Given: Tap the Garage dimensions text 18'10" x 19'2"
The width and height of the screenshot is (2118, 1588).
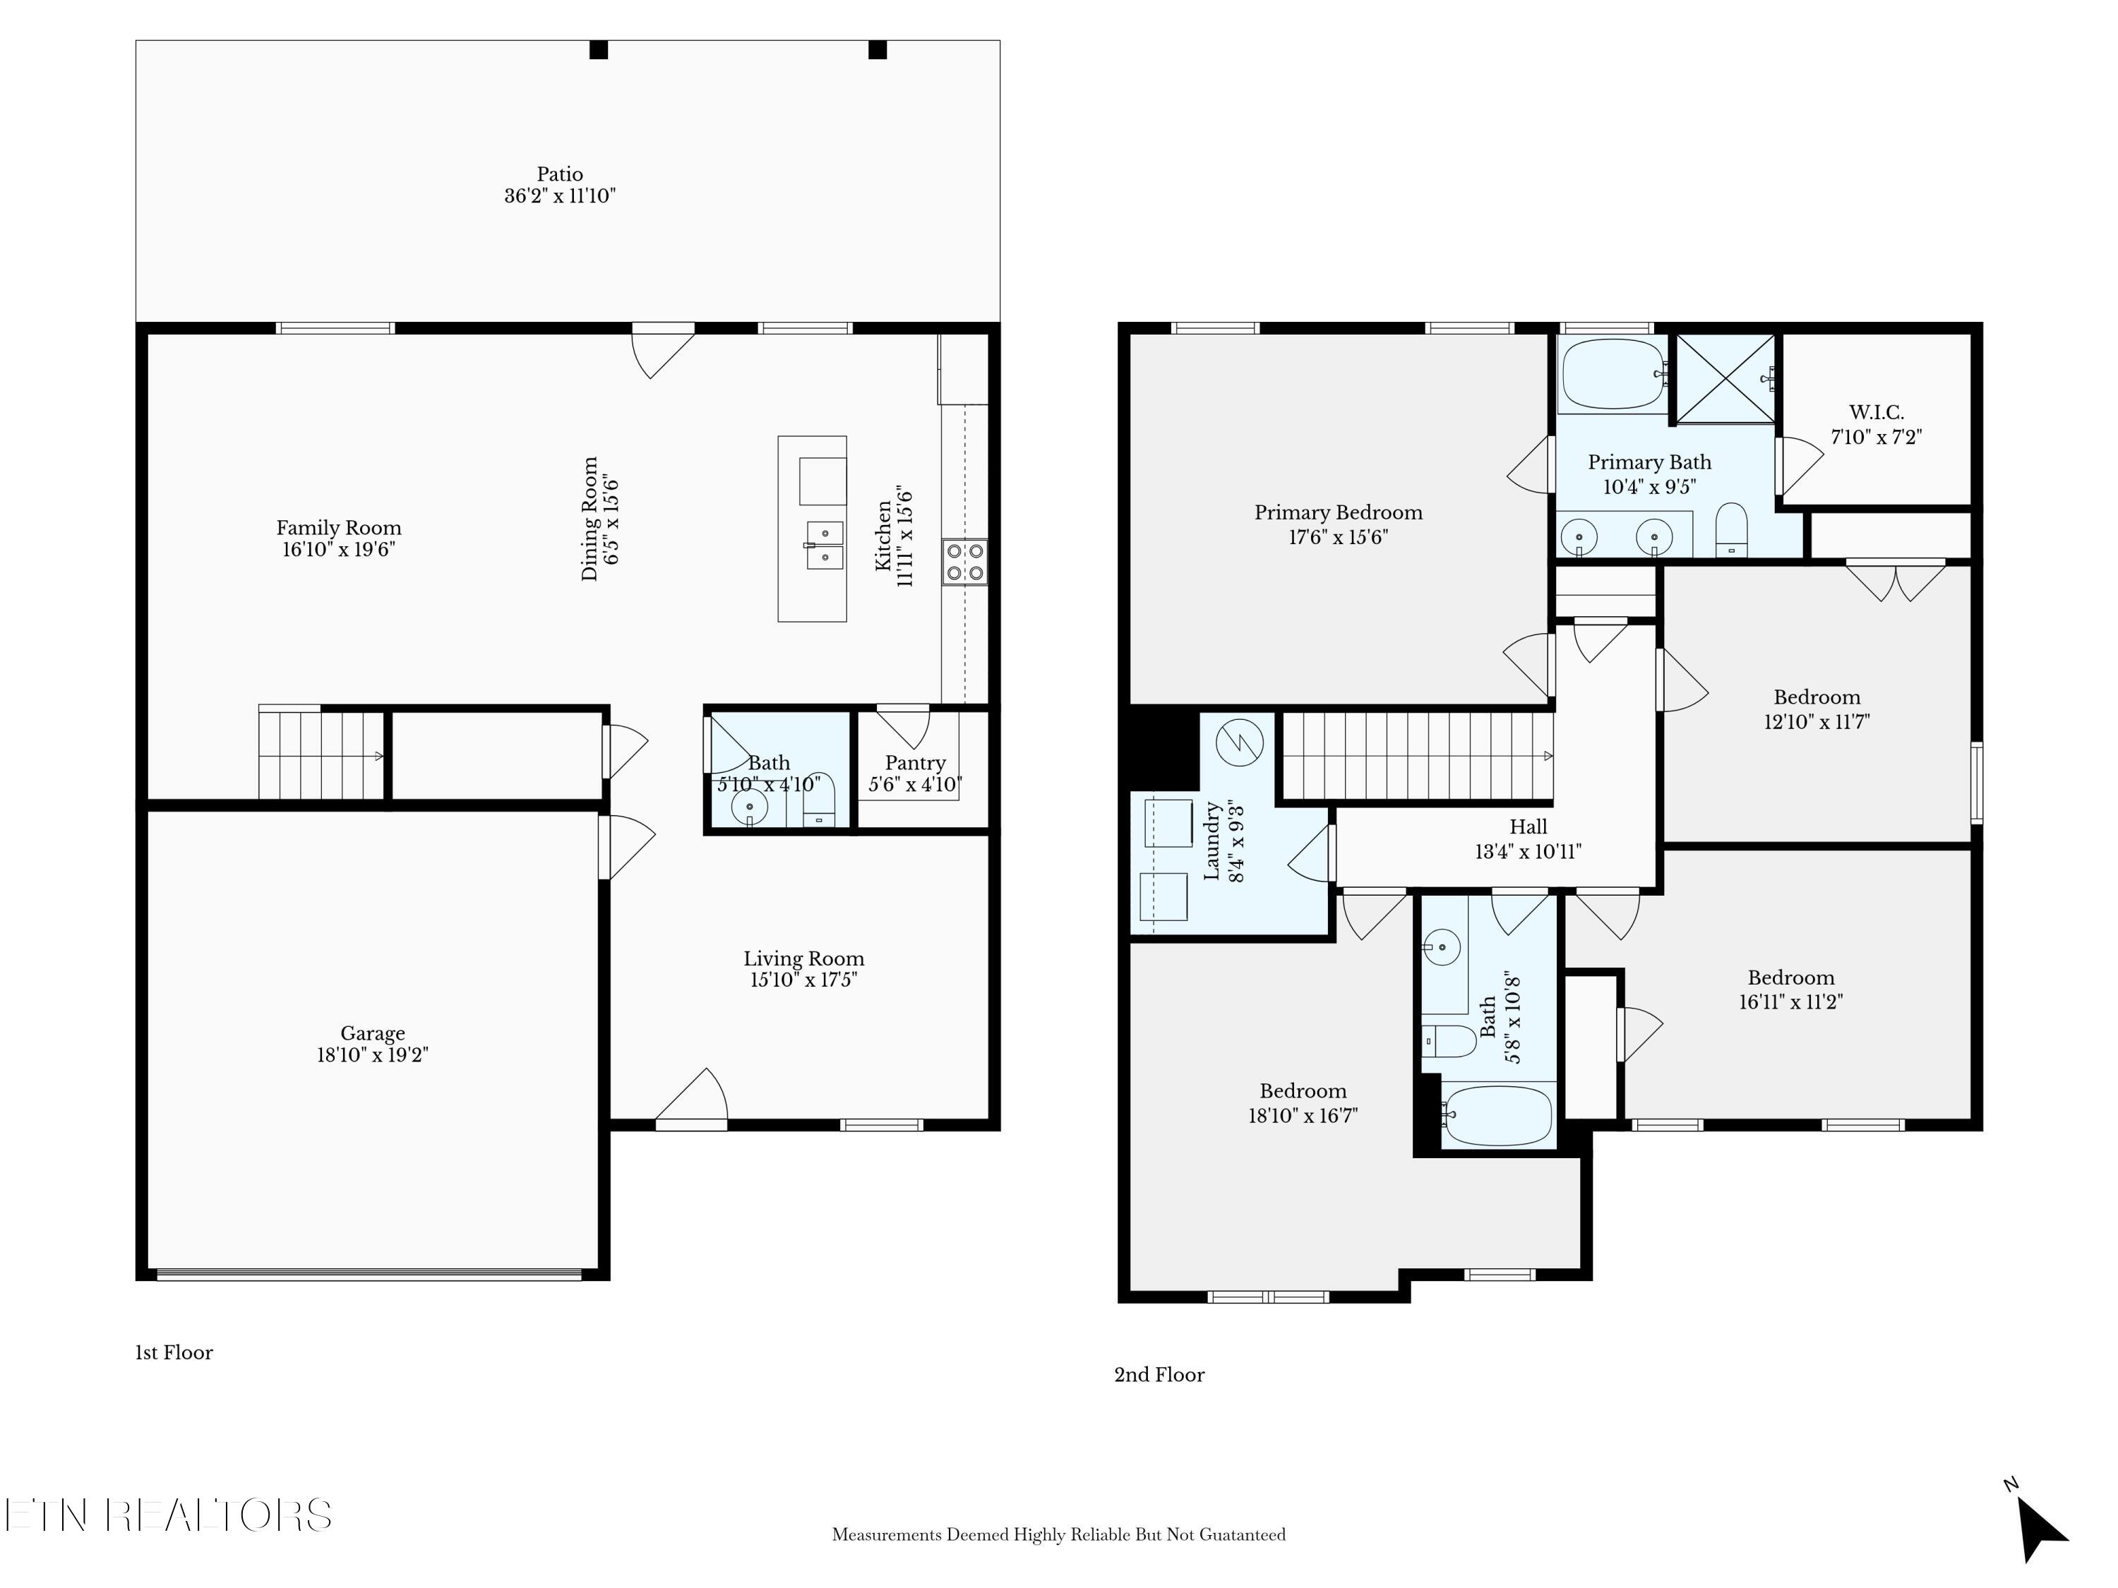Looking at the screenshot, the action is click(373, 1055).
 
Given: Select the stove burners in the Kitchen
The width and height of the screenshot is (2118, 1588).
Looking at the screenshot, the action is click(964, 562).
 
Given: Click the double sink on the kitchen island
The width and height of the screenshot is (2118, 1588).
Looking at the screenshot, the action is click(823, 545).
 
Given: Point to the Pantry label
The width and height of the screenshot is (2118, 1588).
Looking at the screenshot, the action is click(916, 763).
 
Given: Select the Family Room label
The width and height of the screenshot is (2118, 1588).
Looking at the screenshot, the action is click(339, 527).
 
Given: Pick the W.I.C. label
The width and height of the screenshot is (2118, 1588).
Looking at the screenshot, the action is click(1876, 413).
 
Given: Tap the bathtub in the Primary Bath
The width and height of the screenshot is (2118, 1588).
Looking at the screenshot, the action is click(1613, 374).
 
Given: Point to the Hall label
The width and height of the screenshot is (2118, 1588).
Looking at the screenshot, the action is click(1528, 826).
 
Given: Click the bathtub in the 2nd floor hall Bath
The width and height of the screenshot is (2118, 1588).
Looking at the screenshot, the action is click(1499, 1116).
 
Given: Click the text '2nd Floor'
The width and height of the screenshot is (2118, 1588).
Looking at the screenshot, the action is click(1159, 1376).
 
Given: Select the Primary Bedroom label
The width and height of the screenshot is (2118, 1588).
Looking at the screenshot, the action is click(1339, 512).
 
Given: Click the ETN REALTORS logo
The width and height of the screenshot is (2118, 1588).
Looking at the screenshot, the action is click(169, 1515).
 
